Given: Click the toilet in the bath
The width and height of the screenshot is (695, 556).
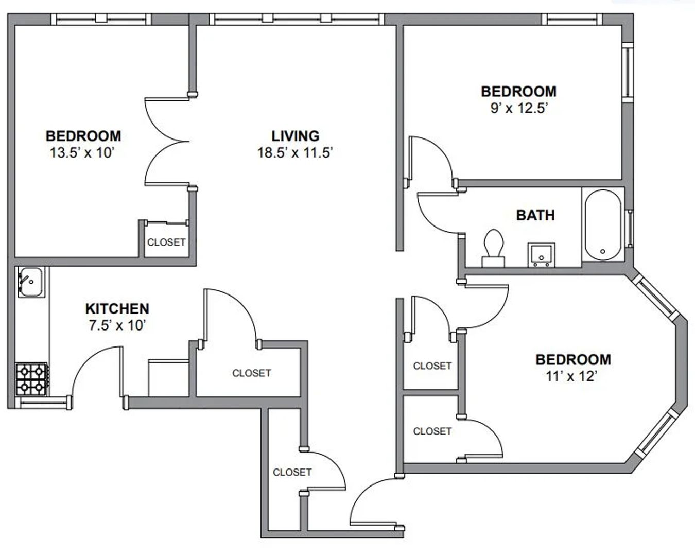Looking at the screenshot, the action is coord(494,248).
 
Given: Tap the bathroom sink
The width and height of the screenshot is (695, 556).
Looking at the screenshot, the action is coord(541,255).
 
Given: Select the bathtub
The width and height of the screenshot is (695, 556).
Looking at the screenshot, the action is coord(603,225).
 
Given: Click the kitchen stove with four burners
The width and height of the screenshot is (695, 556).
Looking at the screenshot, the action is coord(31,379).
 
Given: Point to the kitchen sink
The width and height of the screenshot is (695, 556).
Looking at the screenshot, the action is coord(30,282).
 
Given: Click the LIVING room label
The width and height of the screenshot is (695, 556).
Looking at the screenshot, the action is coord(296,136).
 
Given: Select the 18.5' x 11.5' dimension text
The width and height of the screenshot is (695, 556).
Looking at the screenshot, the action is coord(295,152).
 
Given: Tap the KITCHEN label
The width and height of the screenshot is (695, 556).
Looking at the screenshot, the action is coord(117,309).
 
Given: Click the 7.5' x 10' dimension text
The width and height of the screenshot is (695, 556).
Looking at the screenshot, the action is coord(117,325).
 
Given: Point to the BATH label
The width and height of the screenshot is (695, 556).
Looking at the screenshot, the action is coord(535,215).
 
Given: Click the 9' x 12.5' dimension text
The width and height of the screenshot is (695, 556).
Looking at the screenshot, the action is coord(518,108).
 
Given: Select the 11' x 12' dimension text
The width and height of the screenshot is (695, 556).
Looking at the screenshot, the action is coord(571,376).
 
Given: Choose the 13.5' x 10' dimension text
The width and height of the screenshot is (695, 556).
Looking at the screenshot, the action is coord(83,152).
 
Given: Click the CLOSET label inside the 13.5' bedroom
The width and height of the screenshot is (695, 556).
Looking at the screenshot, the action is coord(166,242).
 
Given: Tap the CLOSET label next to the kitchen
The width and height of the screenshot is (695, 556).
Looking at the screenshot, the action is coord(252,373).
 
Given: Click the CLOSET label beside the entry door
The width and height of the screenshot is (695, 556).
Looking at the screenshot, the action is coord(292,472).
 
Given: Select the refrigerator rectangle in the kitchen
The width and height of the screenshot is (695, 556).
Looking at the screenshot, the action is coord(168,378).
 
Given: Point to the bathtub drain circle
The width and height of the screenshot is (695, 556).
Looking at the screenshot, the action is coord(603,251).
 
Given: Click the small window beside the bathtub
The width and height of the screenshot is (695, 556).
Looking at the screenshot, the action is coord(629,229).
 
